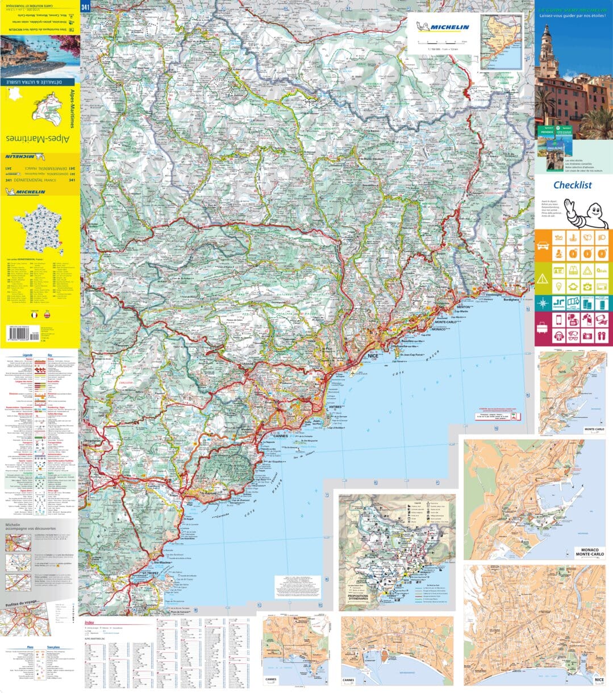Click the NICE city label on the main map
373,355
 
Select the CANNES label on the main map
281,436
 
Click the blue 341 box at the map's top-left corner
85,7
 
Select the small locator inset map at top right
501,42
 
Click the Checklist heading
572,185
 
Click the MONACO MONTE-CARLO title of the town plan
590,551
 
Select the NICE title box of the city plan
598,679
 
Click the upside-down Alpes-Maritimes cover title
39,138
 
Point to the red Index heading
89,623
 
